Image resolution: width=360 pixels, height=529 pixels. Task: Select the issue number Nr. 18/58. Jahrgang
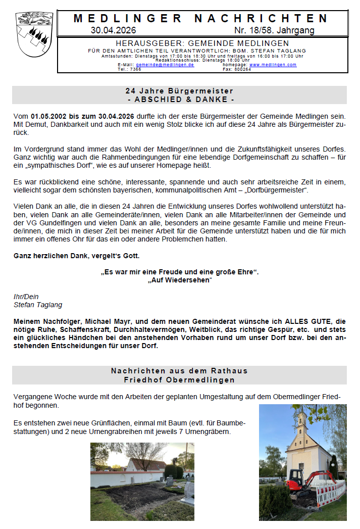point(274,30)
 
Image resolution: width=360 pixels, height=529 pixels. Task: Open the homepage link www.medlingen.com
point(273,65)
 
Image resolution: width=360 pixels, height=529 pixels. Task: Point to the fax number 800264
point(242,69)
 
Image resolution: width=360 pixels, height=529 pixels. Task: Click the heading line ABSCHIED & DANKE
point(179,99)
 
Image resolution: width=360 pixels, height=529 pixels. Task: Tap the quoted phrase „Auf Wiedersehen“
point(180,280)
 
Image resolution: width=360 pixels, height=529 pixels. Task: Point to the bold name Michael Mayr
point(108,321)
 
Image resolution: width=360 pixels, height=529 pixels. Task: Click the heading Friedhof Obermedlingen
point(179,379)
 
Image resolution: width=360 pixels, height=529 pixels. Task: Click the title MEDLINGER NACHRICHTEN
point(201,19)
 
